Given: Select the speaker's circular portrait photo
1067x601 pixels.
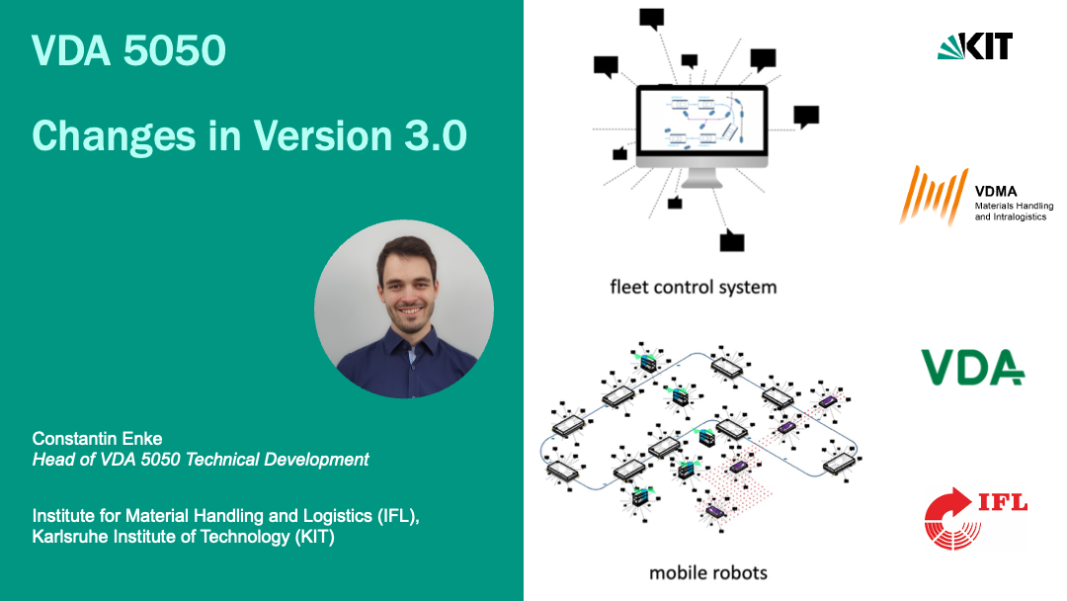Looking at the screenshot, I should (x=404, y=309).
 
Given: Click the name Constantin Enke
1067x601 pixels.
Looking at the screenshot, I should (x=97, y=438).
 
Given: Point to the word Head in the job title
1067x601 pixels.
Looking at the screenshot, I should (x=52, y=460).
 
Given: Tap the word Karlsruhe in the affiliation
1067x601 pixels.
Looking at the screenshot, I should (x=70, y=537).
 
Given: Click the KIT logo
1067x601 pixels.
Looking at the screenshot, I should (x=974, y=45).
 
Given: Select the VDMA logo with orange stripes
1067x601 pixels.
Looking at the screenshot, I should (x=934, y=195).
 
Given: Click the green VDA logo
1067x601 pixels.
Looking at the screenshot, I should (x=972, y=367).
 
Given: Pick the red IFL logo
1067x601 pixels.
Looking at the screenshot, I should (x=974, y=517).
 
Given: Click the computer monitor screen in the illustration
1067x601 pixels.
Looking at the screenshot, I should (x=701, y=124).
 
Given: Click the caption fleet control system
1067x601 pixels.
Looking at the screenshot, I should (x=693, y=288).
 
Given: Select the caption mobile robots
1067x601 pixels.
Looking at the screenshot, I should (x=707, y=572).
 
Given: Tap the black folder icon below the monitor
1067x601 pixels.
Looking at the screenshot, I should (x=731, y=240).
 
